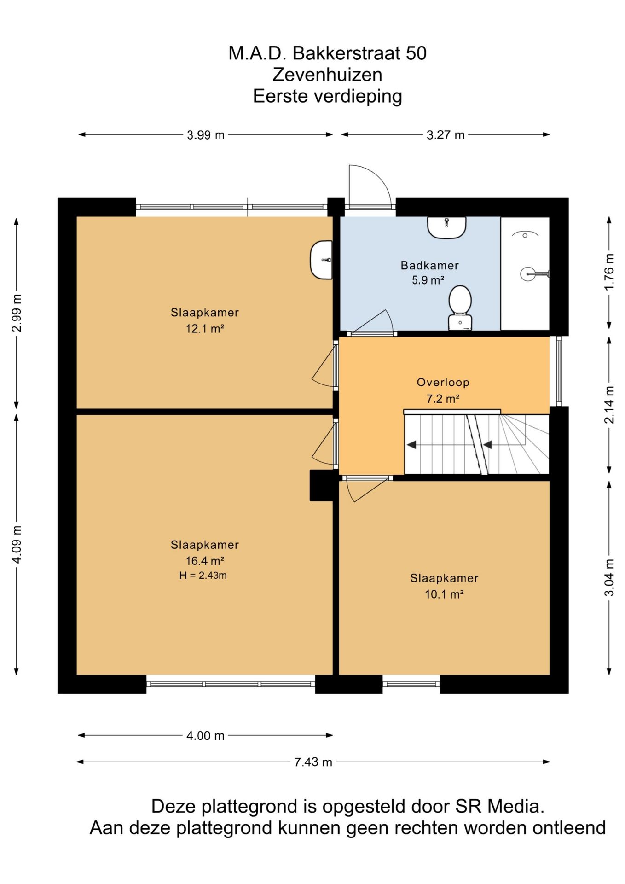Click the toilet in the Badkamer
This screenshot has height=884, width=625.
pyautogui.click(x=460, y=308)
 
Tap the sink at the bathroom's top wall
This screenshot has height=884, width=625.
pyautogui.click(x=446, y=227)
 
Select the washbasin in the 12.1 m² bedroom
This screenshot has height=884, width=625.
pyautogui.click(x=321, y=260)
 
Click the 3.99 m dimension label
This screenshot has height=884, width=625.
pyautogui.click(x=205, y=135)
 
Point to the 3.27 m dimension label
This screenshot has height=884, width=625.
pyautogui.click(x=446, y=135)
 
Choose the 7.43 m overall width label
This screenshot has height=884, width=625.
pyautogui.click(x=313, y=762)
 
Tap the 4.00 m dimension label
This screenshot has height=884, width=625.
pyautogui.click(x=205, y=736)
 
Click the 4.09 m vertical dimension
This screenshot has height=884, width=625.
pyautogui.click(x=17, y=544)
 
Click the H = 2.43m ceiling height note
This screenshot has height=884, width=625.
pyautogui.click(x=203, y=576)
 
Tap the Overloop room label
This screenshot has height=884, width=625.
pyautogui.click(x=443, y=382)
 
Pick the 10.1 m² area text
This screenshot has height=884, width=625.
pyautogui.click(x=444, y=594)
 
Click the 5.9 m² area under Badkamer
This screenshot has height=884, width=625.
pyautogui.click(x=428, y=280)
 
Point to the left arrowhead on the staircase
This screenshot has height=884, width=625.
pyautogui.click(x=411, y=445)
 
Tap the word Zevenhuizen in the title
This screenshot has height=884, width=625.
pyautogui.click(x=327, y=75)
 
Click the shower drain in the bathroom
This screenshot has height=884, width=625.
pyautogui.click(x=525, y=235)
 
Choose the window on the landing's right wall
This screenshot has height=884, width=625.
pyautogui.click(x=559, y=372)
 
